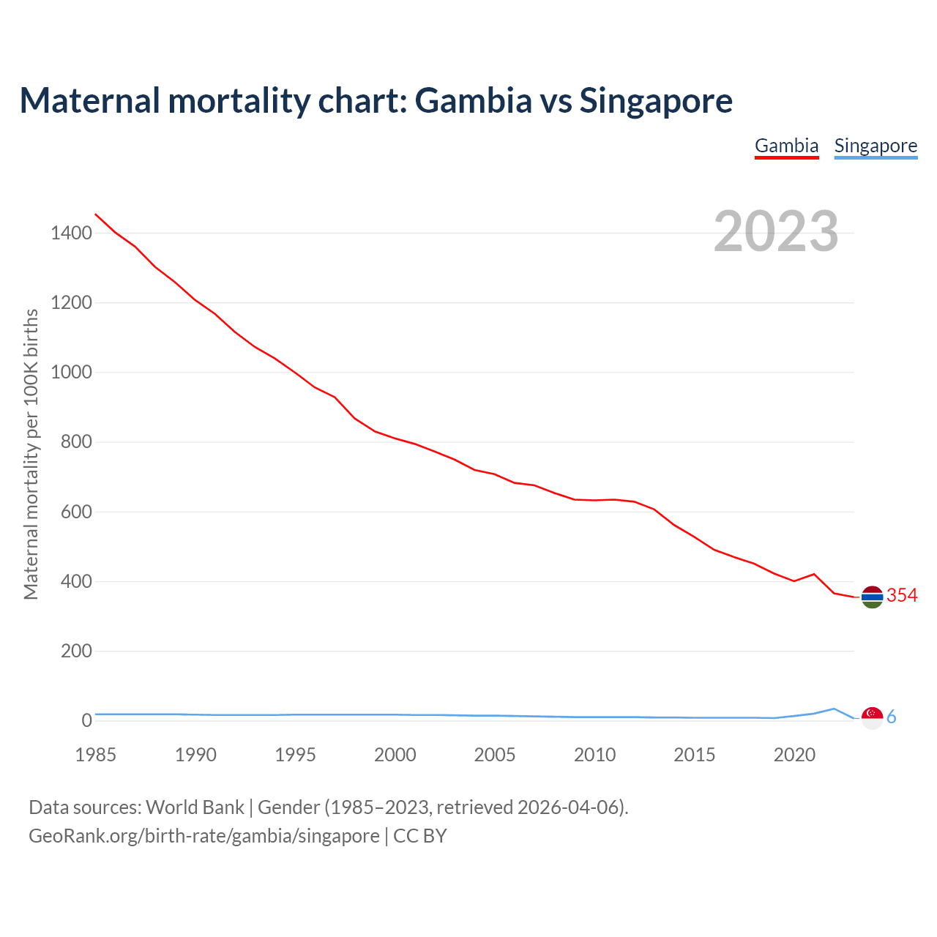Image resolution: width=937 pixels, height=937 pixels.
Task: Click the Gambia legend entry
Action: (x=786, y=146)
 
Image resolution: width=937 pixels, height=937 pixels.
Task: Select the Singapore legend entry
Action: (x=876, y=146)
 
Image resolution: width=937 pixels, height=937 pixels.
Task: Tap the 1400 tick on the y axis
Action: (x=71, y=234)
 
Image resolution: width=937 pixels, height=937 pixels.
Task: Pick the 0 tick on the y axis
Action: (x=87, y=720)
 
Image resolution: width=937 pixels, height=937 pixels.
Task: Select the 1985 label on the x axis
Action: (x=95, y=755)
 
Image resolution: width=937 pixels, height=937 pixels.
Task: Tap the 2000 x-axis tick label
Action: (x=395, y=755)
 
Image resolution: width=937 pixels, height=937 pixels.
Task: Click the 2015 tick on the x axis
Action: (x=694, y=755)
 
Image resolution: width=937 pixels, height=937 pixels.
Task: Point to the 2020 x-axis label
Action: (x=794, y=755)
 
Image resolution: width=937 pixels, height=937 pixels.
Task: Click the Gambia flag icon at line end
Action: (x=872, y=597)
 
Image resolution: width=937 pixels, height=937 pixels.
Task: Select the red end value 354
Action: (x=902, y=596)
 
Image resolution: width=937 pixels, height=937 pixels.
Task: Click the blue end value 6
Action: (x=892, y=717)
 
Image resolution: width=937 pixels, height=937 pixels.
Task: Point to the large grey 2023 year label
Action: (x=776, y=231)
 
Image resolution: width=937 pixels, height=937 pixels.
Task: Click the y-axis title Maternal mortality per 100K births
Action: (x=31, y=454)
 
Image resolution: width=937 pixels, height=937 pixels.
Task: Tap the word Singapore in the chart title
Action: (x=656, y=100)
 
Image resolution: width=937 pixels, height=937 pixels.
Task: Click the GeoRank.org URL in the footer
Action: (x=204, y=836)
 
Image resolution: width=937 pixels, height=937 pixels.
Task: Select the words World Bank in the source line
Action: (x=195, y=807)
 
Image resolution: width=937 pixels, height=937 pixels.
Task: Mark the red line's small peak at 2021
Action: (x=814, y=574)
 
